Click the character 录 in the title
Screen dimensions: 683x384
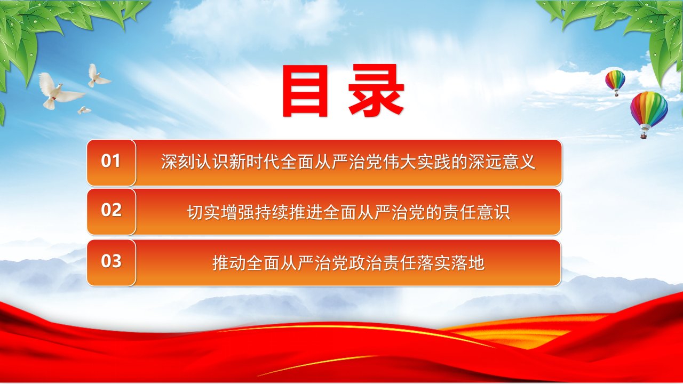[x=376, y=91]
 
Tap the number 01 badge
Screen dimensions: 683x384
[x=112, y=163]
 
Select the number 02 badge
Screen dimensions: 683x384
[x=112, y=212]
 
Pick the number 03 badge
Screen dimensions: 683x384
[x=112, y=263]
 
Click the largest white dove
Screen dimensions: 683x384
[x=59, y=91]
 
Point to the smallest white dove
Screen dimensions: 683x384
[x=84, y=110]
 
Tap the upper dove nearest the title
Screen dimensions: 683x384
[x=98, y=76]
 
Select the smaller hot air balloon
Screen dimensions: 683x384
[x=615, y=83]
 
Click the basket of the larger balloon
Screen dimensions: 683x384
[x=644, y=135]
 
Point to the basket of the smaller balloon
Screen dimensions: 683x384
[x=616, y=94]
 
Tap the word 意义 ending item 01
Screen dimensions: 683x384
[x=519, y=162]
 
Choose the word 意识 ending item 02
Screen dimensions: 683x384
[x=494, y=212]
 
